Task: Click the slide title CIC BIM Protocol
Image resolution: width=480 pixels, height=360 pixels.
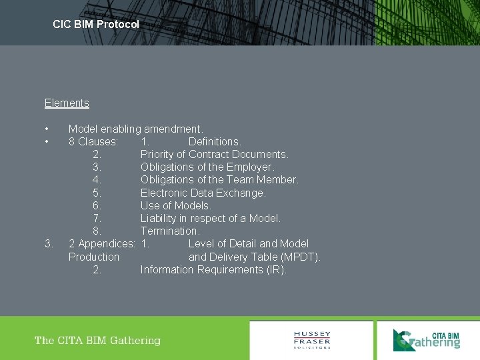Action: tap(96, 24)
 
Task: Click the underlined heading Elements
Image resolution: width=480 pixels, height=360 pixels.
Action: tap(67, 103)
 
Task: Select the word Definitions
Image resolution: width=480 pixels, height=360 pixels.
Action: tap(215, 141)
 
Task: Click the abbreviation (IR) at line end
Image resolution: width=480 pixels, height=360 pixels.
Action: tap(276, 269)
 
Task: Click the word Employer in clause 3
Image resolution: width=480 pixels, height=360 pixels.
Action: tap(249, 167)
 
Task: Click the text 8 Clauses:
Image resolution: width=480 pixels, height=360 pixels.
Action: tap(93, 141)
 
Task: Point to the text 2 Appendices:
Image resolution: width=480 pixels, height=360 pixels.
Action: tap(102, 243)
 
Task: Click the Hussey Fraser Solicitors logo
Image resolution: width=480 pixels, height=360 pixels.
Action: tap(312, 339)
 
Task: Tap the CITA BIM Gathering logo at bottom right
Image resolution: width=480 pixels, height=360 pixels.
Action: tap(427, 339)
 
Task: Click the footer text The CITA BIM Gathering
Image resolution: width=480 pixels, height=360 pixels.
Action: tap(97, 341)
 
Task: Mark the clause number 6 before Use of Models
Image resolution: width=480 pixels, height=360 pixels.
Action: tap(97, 205)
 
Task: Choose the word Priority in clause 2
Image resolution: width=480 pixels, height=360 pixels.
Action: tap(157, 154)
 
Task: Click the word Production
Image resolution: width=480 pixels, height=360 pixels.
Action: tap(94, 257)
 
